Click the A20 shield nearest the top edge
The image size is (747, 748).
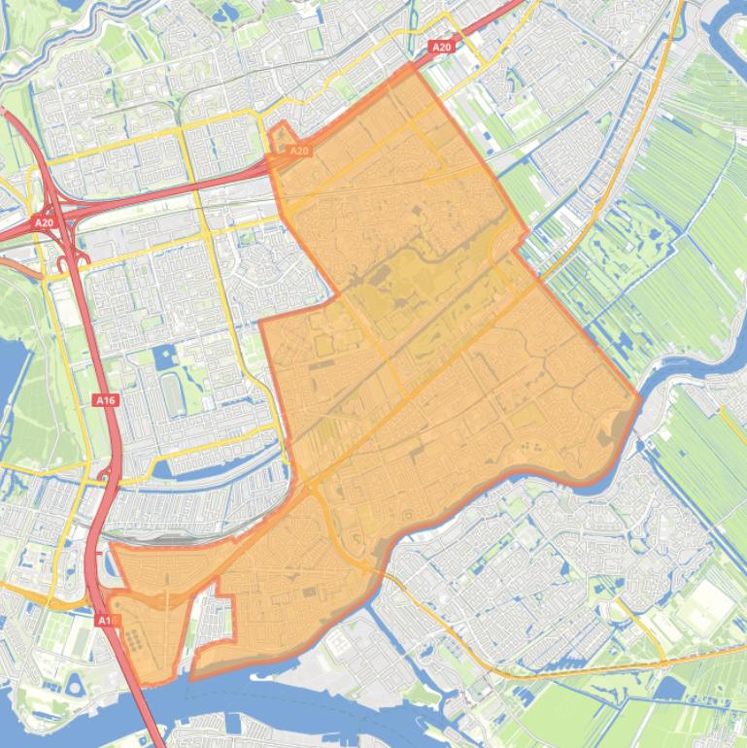[441, 47]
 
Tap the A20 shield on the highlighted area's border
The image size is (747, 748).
[299, 151]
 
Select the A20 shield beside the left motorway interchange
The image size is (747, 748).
[44, 222]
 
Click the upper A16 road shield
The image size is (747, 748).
[105, 399]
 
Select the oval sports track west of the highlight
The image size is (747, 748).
[174, 391]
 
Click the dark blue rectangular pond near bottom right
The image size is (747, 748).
[670, 690]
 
